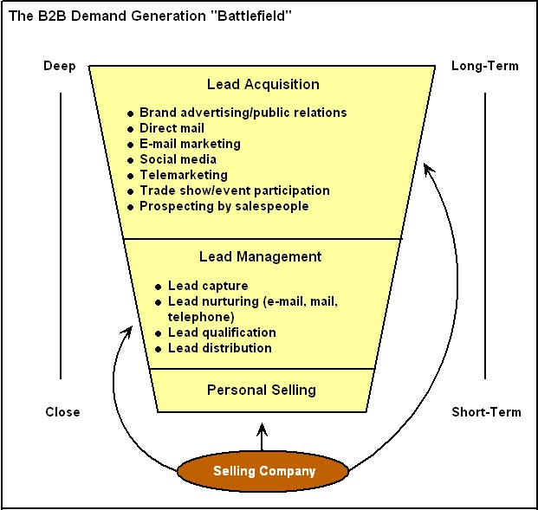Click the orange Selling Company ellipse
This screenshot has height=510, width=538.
(x=263, y=472)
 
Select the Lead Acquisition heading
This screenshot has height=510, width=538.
(x=263, y=84)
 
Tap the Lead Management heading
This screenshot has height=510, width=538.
(x=260, y=256)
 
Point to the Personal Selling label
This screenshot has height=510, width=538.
(x=262, y=390)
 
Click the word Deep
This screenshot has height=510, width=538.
(x=60, y=66)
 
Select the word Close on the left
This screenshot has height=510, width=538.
(x=62, y=412)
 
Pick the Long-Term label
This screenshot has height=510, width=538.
(x=484, y=66)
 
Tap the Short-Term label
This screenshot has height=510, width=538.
(x=486, y=412)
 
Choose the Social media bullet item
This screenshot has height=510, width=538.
(x=178, y=159)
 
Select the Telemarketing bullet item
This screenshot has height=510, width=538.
(x=183, y=175)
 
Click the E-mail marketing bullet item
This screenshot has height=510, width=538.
(x=190, y=144)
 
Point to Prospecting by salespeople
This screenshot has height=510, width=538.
(x=224, y=206)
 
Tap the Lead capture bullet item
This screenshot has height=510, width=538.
(x=208, y=286)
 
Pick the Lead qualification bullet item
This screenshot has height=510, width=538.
(x=222, y=332)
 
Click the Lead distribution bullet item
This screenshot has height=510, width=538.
(x=219, y=348)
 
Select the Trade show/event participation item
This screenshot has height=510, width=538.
(x=234, y=190)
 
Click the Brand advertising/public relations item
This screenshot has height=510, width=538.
(x=243, y=113)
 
